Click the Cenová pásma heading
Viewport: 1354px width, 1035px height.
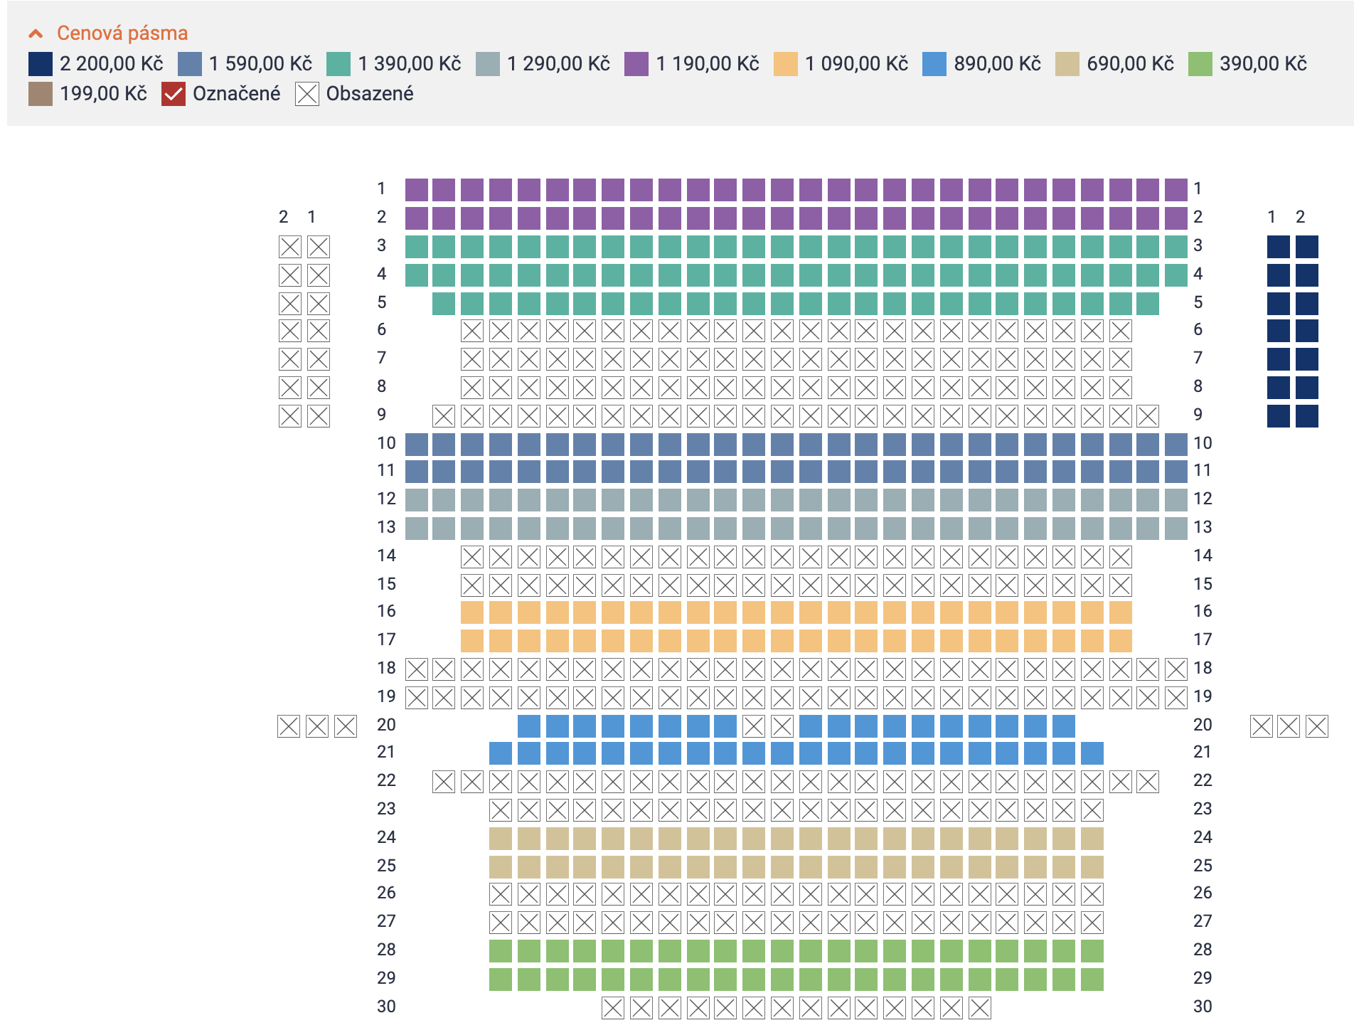122,33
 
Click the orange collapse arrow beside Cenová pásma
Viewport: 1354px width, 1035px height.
36,33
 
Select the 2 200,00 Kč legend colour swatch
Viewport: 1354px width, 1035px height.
41,64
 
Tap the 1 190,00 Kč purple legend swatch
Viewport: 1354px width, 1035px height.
636,64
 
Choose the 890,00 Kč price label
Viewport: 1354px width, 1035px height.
997,64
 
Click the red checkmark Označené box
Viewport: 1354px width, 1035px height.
174,94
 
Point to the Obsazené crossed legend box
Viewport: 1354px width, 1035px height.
307,94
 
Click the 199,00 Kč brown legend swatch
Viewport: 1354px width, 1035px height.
41,94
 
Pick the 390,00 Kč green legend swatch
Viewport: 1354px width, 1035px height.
1200,64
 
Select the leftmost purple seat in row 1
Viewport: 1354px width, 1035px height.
417,190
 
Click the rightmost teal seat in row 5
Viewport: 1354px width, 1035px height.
1148,304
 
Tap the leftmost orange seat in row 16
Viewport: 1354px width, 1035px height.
472,612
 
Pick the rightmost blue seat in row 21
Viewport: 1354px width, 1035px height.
1092,753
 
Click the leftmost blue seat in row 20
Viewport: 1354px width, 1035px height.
529,726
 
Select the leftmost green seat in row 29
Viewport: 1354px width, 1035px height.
501,980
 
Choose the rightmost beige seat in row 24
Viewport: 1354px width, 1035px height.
1092,839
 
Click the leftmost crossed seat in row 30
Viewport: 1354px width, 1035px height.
613,1008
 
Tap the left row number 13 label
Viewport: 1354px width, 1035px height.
386,527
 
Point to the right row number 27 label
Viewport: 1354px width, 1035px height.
1203,921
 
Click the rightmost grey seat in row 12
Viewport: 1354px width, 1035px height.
1176,500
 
